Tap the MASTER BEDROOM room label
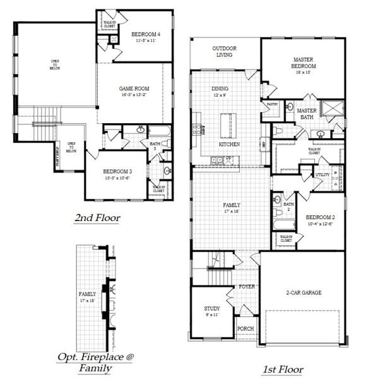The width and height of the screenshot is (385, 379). [x=303, y=62]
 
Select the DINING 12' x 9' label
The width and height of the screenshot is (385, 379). [x=220, y=92]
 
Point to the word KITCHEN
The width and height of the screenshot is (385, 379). [x=228, y=144]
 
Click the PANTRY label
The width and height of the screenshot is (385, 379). [x=273, y=104]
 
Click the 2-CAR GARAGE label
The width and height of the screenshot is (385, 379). [x=304, y=293]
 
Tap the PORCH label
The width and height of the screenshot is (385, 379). [x=245, y=329]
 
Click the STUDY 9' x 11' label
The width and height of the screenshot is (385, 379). [x=212, y=311]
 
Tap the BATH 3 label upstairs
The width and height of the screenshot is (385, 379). [x=155, y=146]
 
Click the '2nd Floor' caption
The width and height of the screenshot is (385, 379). [x=98, y=219]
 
